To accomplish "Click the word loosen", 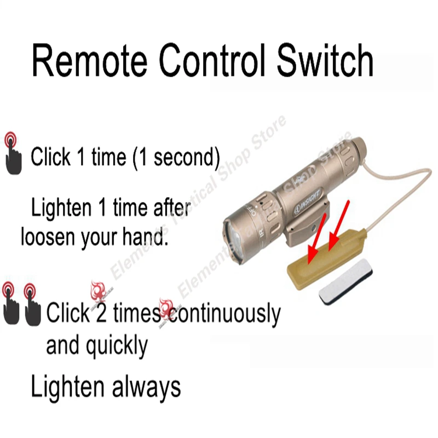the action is [x=47, y=238].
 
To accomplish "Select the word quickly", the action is [x=117, y=345].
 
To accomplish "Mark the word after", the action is [x=167, y=209].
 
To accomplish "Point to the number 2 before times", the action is [x=101, y=314].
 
